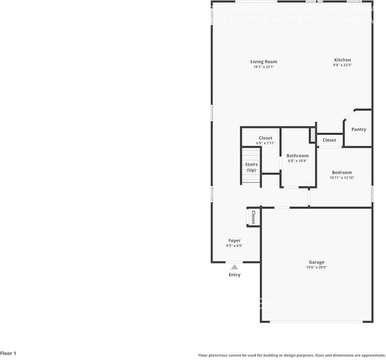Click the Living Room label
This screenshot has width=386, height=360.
[264, 62]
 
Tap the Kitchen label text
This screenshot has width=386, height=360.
[342, 60]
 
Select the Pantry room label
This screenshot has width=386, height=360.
[359, 129]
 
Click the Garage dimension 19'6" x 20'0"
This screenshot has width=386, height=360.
[316, 267]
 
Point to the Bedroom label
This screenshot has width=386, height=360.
[342, 173]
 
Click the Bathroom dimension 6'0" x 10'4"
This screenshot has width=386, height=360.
[297, 161]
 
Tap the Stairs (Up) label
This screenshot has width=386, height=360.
[251, 167]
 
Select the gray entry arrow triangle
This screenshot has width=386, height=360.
[235, 267]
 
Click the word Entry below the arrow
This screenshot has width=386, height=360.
[235, 275]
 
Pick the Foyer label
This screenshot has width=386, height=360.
[235, 241]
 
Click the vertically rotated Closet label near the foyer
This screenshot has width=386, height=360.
[253, 217]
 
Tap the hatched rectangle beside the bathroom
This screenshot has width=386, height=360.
[312, 135]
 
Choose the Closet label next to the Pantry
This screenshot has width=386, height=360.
[329, 140]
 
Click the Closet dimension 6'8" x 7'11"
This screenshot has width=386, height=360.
[266, 143]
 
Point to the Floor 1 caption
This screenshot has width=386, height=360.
[8, 354]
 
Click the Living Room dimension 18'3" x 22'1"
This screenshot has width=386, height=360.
[264, 67]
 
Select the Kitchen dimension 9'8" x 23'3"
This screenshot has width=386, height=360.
[342, 65]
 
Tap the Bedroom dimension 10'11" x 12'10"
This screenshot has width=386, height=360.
[342, 178]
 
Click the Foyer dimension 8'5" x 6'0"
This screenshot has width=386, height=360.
[235, 246]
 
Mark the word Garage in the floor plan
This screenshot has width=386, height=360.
[316, 262]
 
